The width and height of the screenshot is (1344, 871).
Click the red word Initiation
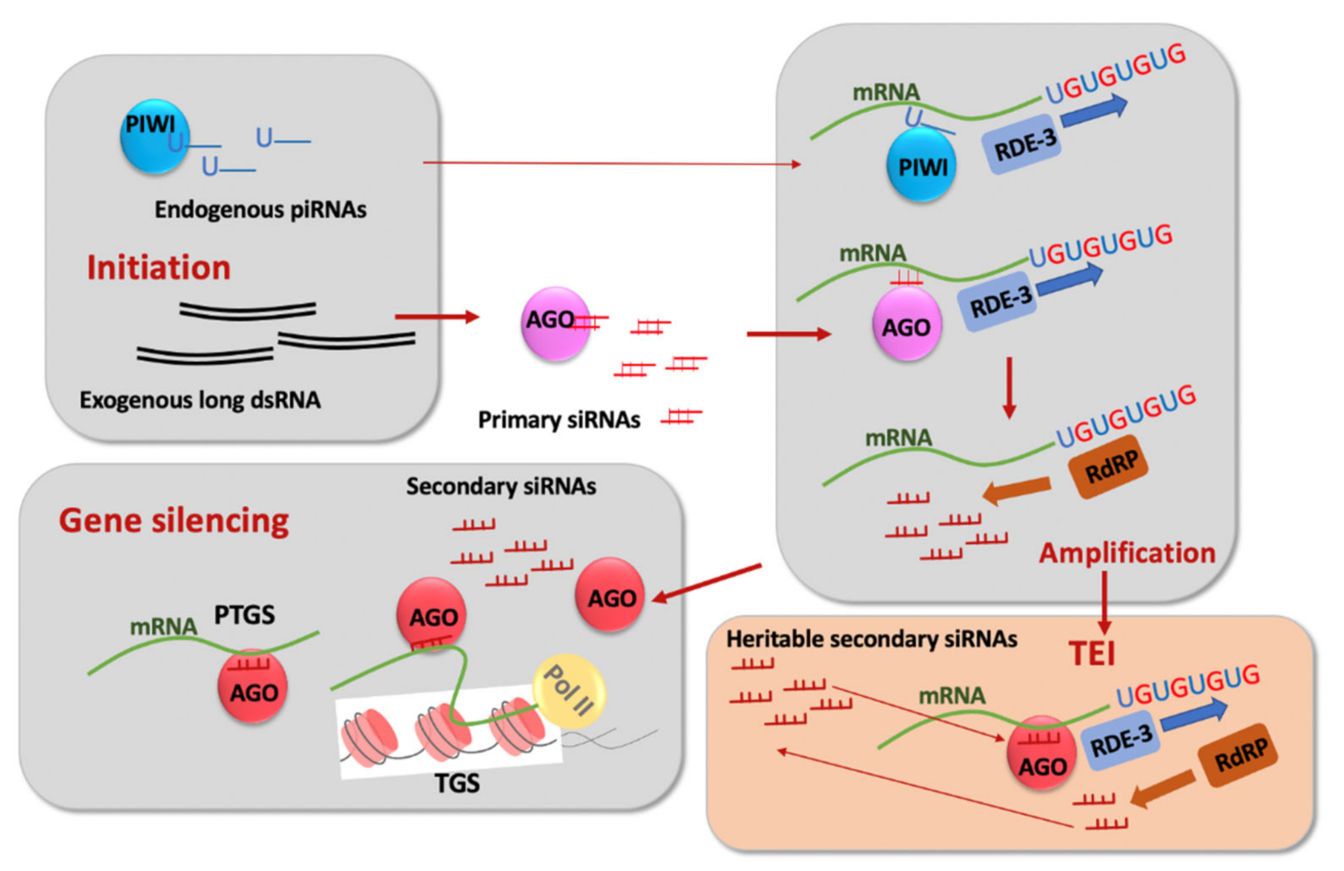159,267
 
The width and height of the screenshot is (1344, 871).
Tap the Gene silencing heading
174,521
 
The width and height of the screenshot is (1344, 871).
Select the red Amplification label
1127,553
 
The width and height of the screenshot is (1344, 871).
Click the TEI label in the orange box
1092,653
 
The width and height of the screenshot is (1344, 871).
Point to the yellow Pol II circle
568,692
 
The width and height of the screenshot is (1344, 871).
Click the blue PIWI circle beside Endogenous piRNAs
154,136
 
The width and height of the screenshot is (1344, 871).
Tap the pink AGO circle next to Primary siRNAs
555,324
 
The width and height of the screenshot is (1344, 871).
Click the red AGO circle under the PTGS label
252,686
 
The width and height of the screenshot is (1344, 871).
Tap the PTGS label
245,615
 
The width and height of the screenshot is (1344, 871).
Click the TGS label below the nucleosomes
457,783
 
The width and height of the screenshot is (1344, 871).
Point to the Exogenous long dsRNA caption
201,400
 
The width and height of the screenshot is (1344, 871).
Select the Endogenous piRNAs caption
261,209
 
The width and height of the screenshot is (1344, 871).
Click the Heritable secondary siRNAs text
872,639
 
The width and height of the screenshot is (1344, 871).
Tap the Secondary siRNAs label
501,486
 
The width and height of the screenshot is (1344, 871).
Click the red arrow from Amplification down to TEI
1104,603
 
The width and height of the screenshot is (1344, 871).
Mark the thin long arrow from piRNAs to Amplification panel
612,164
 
